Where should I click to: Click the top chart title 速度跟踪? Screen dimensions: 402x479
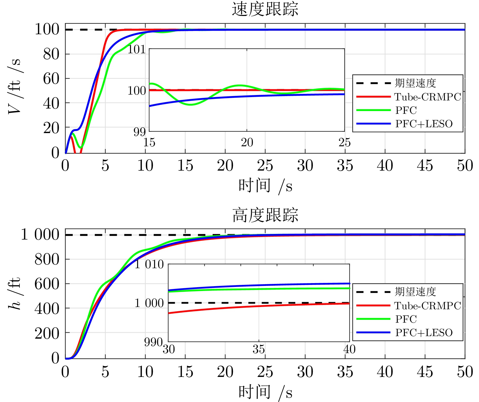click(265, 9)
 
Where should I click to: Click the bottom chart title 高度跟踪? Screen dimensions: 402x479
click(265, 215)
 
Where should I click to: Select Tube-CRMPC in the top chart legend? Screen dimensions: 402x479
click(427, 97)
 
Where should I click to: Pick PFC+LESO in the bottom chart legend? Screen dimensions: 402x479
click(424, 333)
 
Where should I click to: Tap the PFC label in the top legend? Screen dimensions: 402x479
click(406, 110)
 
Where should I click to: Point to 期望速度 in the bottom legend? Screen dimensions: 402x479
click(415, 292)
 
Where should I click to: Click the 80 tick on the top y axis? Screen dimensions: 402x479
click(51, 54)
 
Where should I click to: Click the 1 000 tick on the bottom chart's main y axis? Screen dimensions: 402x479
click(40, 234)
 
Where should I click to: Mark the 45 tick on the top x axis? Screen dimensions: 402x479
click(425, 166)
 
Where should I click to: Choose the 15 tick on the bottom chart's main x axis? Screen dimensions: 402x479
click(185, 372)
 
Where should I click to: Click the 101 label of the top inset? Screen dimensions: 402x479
click(137, 49)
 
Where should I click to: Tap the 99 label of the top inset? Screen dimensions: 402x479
click(140, 132)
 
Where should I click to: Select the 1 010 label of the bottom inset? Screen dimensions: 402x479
click(149, 265)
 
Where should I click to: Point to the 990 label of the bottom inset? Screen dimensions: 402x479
click(153, 342)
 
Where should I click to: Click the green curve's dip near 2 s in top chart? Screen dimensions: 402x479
click(81, 147)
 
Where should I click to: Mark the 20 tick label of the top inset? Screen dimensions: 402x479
click(247, 142)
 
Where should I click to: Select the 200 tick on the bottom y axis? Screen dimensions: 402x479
click(47, 333)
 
